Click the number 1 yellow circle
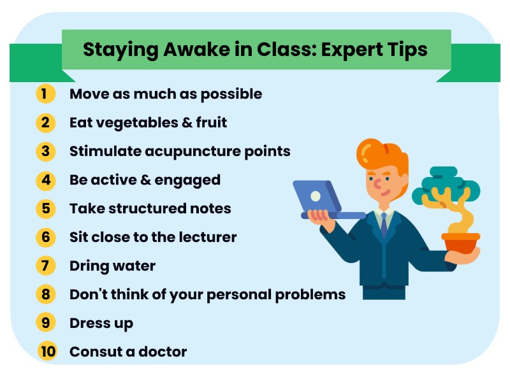point(45,94)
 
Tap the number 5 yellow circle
point(45,208)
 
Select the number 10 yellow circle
point(46,351)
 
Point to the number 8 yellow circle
point(45,294)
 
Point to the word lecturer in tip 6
point(206,237)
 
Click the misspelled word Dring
point(88,265)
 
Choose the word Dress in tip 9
point(89,323)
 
